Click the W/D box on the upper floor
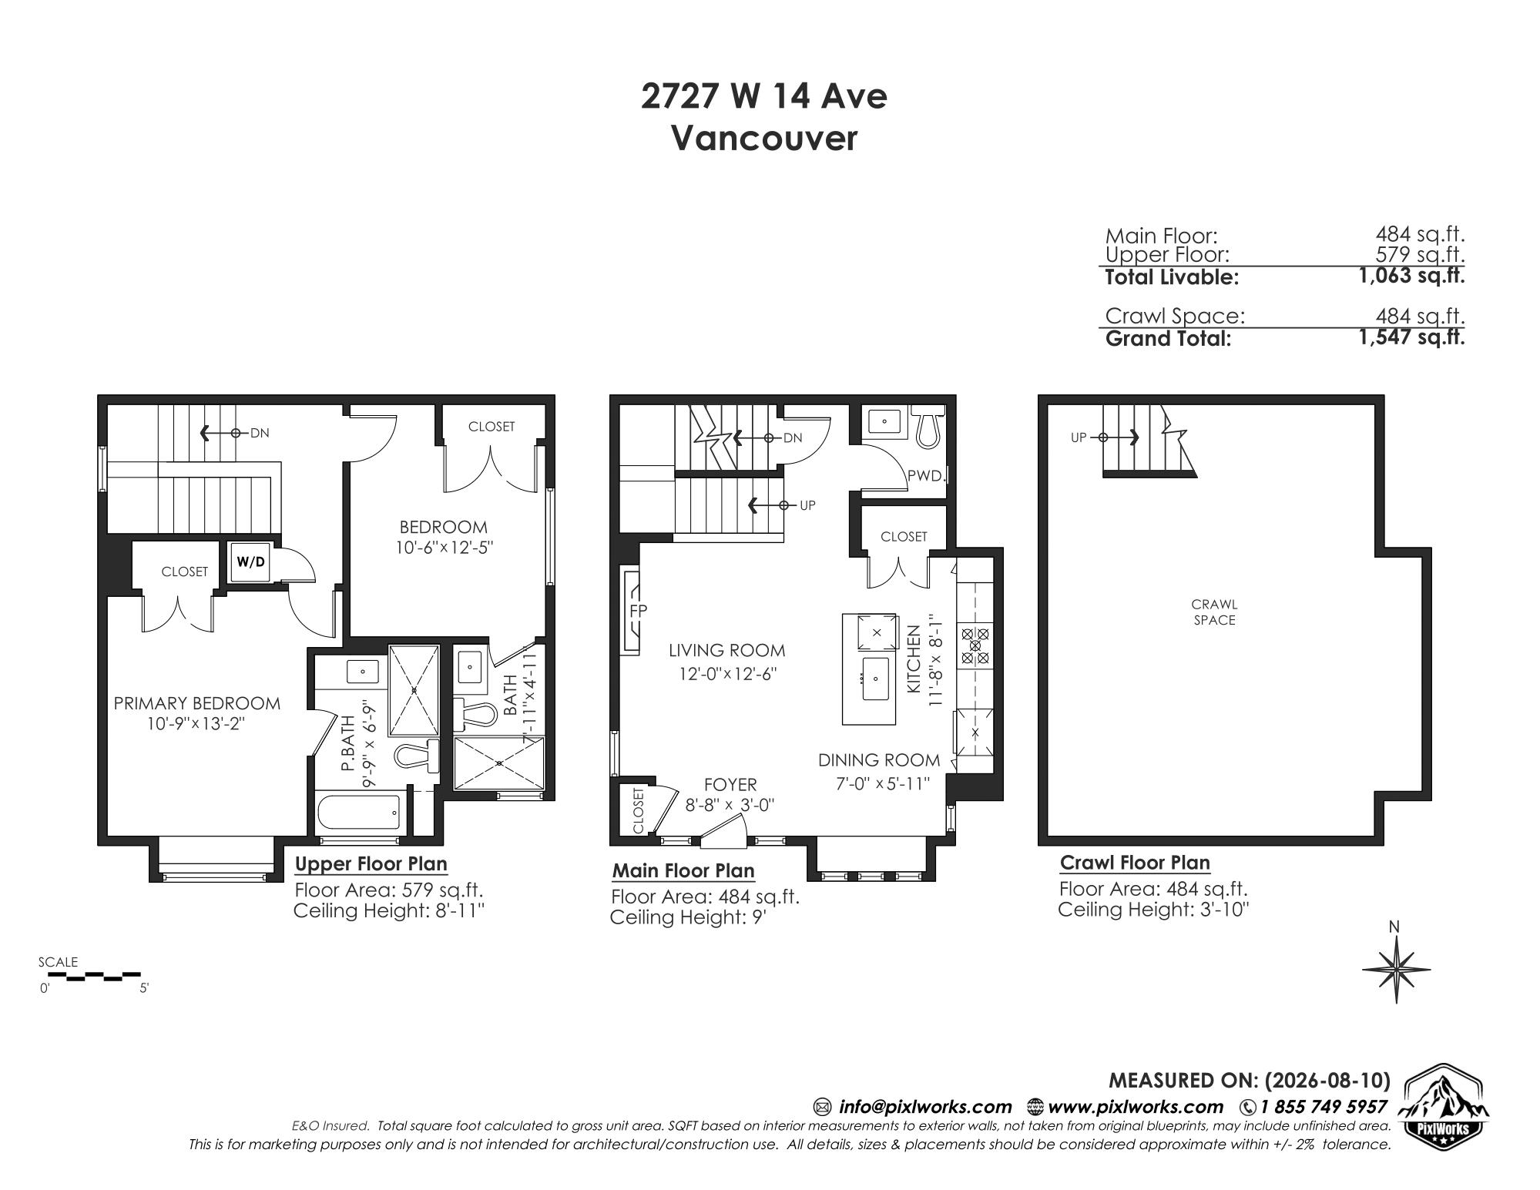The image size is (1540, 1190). (x=250, y=561)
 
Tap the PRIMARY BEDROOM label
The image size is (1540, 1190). (x=197, y=703)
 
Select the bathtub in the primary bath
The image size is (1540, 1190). (x=359, y=813)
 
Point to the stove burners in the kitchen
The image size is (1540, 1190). (x=975, y=646)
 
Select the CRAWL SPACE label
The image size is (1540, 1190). (x=1214, y=612)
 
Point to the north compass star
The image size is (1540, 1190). (x=1396, y=968)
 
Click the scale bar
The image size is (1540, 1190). (x=89, y=976)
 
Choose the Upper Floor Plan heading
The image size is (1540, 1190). (x=371, y=864)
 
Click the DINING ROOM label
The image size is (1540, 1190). (x=879, y=760)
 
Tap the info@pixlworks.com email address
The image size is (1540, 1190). (x=925, y=1107)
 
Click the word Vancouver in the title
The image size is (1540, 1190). (x=764, y=139)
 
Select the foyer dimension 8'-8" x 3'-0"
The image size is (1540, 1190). (x=730, y=805)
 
